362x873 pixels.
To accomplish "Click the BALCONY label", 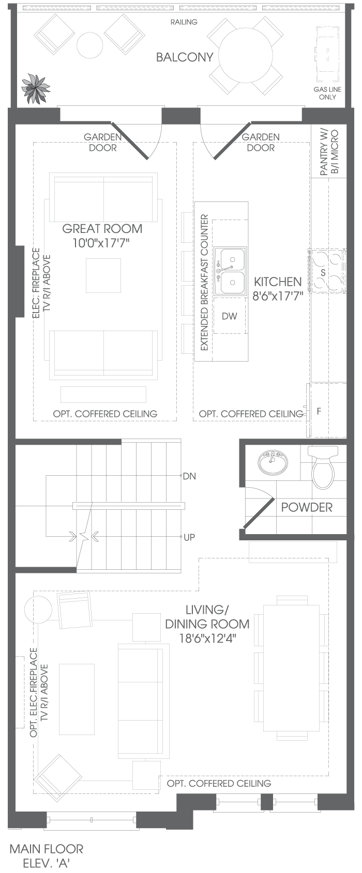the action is point(185,57).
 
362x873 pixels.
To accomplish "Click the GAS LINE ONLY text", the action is point(327,93).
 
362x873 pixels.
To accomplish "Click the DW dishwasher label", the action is point(230,316).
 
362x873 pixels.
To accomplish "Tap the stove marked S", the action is point(327,271).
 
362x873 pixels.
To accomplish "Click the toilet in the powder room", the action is point(324,467).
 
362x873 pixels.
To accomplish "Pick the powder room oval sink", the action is point(273,463).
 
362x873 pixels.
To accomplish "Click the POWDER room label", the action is point(307,507).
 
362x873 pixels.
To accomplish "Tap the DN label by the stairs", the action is point(189,476).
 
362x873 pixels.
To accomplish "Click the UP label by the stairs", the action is point(189,537).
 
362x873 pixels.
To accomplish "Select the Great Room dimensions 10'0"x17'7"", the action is point(101,243).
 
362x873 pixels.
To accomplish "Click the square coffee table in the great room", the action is point(103,275).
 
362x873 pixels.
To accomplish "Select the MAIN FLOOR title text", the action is point(47,849).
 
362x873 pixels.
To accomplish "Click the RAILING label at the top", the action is point(184,22).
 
